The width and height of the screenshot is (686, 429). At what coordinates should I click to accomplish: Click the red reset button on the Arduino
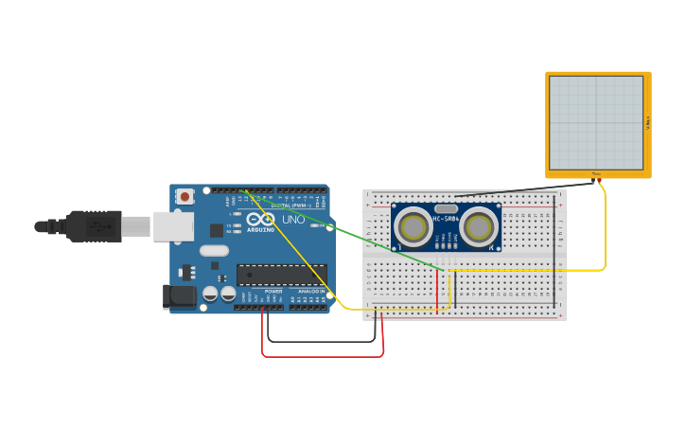185,196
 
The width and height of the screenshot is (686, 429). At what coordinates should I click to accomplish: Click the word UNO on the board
293,221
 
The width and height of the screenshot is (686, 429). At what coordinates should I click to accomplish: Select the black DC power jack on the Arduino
179,296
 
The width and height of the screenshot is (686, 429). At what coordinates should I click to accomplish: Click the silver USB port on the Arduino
174,226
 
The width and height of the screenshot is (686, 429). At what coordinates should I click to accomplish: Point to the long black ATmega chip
281,275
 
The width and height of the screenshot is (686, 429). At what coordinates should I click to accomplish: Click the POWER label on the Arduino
273,292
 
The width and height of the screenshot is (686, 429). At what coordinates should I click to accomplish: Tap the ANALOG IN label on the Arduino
311,292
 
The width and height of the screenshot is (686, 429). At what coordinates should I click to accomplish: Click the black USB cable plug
95,226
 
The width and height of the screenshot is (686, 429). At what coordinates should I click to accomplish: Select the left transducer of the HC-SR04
413,227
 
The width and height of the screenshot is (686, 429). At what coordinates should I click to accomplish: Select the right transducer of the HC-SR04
479,227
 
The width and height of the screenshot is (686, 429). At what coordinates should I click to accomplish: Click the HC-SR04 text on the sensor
446,220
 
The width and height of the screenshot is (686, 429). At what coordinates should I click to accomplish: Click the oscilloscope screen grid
595,122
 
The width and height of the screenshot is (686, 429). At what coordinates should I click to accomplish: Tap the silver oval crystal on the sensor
446,208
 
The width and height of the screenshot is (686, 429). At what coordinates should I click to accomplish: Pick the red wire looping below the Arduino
322,356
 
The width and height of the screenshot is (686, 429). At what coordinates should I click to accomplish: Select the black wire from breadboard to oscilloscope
530,189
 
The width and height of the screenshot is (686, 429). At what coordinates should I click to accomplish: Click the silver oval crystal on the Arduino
214,250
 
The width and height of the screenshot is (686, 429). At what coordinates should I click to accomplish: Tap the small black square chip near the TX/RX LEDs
217,230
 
